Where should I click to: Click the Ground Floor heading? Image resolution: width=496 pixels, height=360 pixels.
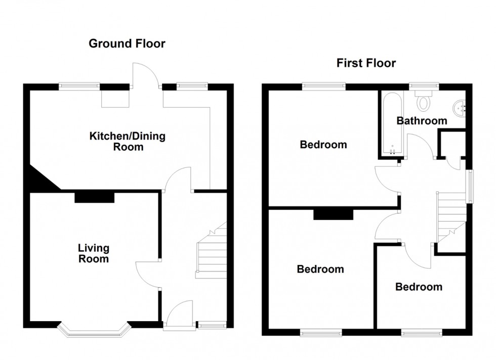[x=127, y=43]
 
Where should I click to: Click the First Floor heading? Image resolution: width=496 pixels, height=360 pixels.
[x=366, y=63]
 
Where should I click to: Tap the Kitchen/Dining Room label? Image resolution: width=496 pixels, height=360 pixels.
[x=128, y=141]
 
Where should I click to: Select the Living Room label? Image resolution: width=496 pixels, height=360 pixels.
[x=94, y=253]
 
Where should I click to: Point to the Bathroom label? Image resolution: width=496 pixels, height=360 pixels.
[x=422, y=121]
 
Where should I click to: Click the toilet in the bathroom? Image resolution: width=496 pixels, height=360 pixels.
[x=423, y=101]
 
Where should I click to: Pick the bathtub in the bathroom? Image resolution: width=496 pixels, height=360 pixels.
[x=392, y=123]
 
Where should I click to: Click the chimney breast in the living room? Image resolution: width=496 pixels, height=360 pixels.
[x=94, y=198]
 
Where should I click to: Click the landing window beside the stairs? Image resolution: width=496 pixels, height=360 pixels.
[x=470, y=187]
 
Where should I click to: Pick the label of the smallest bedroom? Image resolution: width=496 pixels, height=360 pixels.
[x=419, y=287]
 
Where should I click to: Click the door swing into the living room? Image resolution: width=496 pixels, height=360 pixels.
[x=148, y=275]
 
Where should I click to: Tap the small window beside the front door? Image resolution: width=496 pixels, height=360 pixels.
[x=212, y=325]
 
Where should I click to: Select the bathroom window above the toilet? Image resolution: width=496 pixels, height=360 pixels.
[x=424, y=86]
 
